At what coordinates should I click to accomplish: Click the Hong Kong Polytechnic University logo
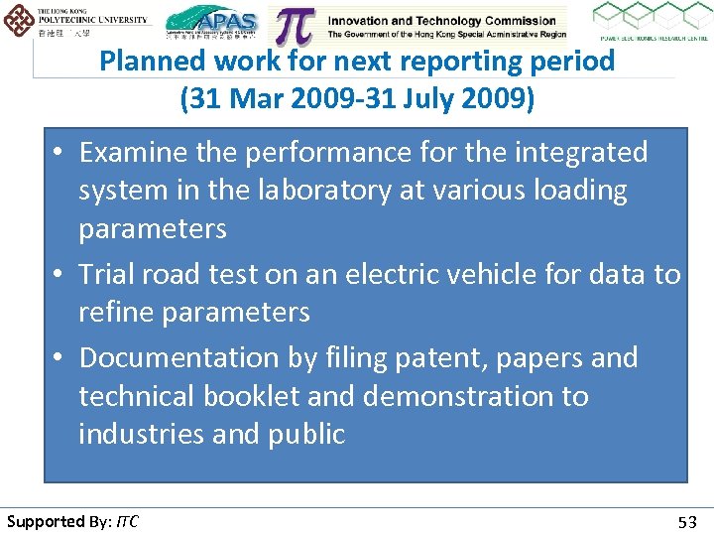coord(77,23)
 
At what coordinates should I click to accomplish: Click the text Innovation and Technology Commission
coord(441,21)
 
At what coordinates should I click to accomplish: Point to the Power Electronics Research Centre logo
coord(650,22)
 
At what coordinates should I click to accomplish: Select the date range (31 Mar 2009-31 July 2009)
coord(356,99)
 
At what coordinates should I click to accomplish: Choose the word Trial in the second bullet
coord(106,274)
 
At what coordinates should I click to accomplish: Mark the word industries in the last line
coord(138,435)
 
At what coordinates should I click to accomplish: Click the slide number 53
coord(686,522)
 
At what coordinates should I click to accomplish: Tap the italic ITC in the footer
coord(127,521)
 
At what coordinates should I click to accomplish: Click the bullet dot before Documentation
coord(59,358)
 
